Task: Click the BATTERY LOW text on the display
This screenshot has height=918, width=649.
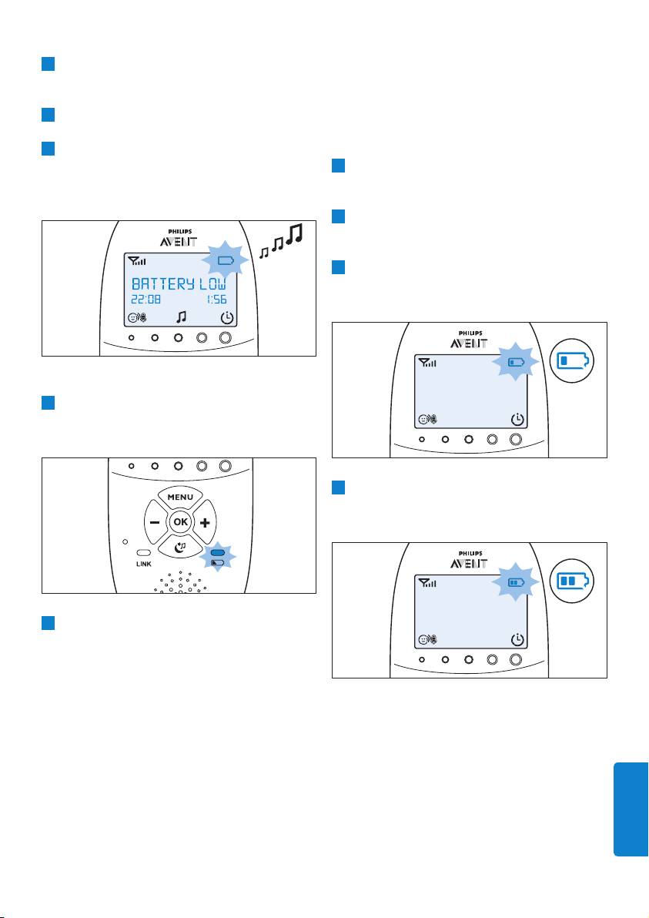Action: [x=179, y=284]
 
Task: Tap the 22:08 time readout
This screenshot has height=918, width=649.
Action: [x=146, y=299]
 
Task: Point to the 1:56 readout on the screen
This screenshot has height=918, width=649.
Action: [x=216, y=299]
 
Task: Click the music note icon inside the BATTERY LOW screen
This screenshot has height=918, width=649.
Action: [x=182, y=317]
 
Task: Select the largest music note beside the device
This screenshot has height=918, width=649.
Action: [x=296, y=233]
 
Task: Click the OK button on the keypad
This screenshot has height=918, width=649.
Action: [x=180, y=521]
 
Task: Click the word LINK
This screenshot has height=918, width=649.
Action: [x=143, y=565]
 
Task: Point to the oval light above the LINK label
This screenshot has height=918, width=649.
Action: [x=143, y=553]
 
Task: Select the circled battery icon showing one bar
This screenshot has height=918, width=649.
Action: [x=572, y=360]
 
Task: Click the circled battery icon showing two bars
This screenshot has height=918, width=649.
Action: [x=572, y=581]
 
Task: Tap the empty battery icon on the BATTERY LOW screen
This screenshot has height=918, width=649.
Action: [x=226, y=260]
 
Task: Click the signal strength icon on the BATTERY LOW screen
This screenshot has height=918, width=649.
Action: [x=137, y=261]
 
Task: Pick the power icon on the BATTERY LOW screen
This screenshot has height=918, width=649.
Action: [x=227, y=319]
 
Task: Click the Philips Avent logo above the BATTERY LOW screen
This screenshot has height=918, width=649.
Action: [x=179, y=238]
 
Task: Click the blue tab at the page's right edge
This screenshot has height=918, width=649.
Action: [x=631, y=809]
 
